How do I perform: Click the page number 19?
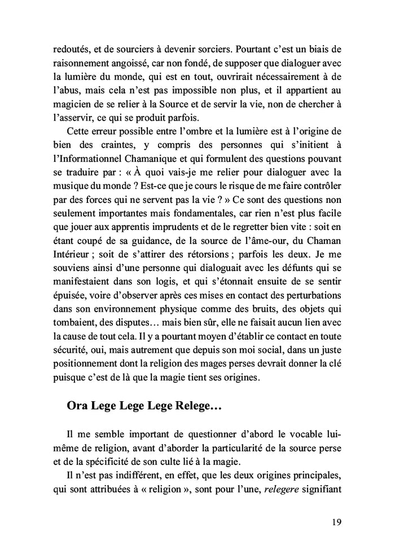tap(335, 521)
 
